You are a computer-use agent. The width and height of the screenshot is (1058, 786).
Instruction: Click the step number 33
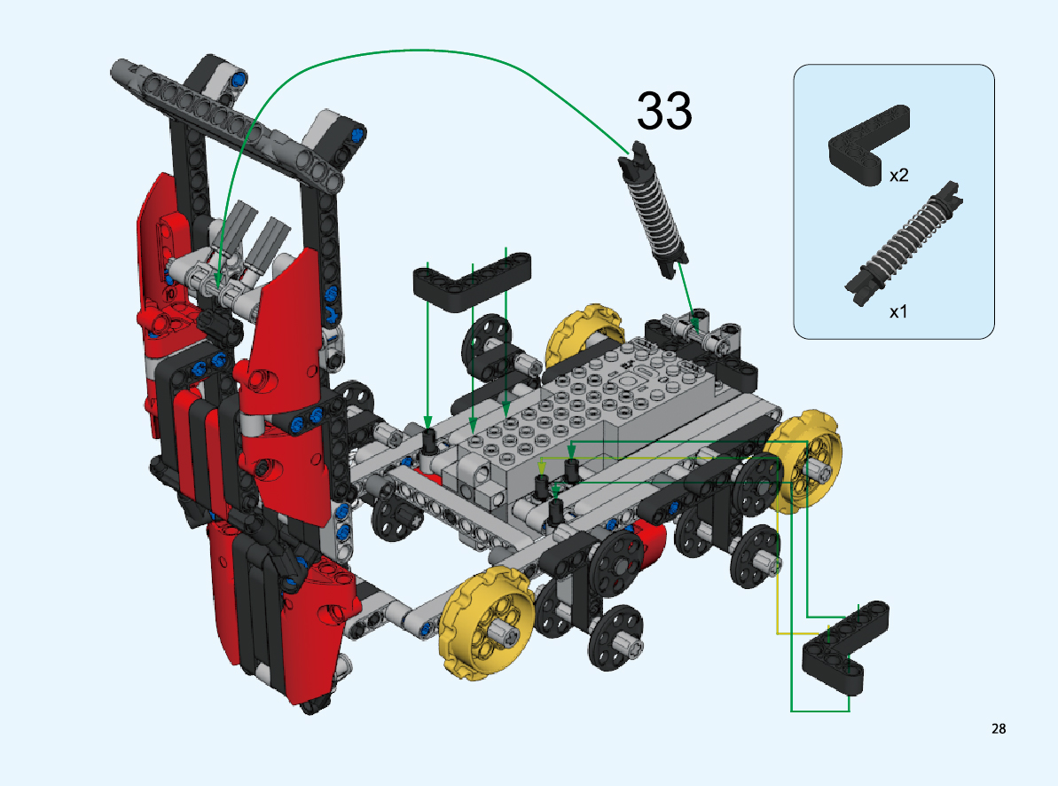pos(664,111)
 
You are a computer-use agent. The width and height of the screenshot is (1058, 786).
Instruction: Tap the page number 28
pos(999,728)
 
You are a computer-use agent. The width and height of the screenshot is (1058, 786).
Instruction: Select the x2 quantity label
pos(898,176)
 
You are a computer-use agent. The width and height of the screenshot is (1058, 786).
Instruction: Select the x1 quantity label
pos(898,312)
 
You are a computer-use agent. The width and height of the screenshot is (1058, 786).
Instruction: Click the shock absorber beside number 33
pos(653,209)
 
